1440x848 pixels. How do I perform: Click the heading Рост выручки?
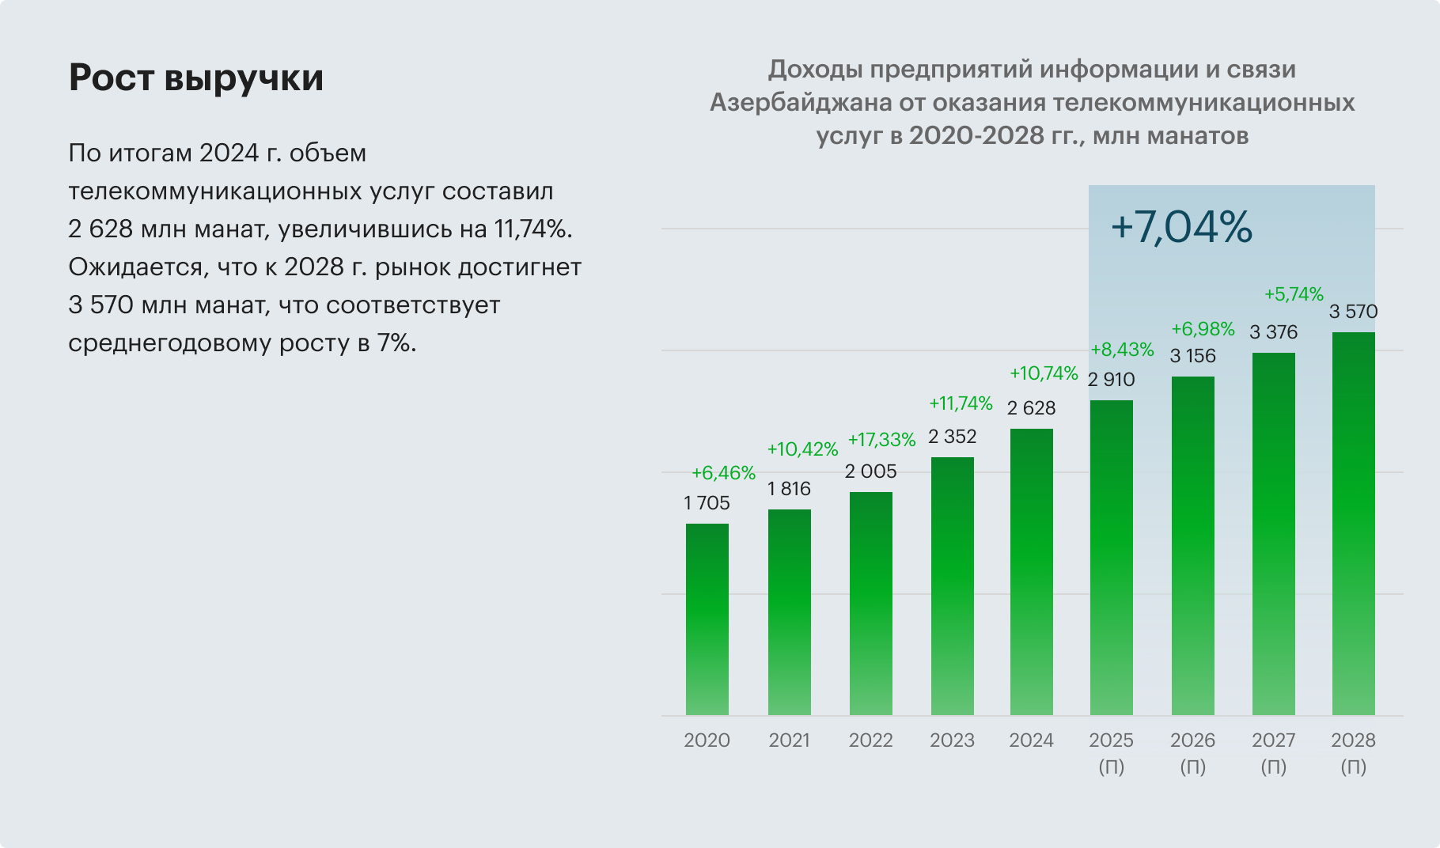click(x=195, y=78)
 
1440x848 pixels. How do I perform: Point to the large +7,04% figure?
click(x=1181, y=227)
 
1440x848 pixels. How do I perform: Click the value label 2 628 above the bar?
click(x=1031, y=408)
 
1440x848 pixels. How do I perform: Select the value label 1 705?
click(x=707, y=503)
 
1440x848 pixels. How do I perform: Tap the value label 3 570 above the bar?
click(x=1353, y=312)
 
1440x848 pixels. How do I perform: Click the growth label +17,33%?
click(x=881, y=440)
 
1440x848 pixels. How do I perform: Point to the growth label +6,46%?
click(x=723, y=473)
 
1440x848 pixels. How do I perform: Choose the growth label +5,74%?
click(x=1293, y=294)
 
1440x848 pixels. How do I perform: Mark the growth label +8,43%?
click(x=1122, y=350)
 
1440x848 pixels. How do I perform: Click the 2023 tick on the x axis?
click(x=952, y=740)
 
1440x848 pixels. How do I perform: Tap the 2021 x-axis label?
click(x=789, y=740)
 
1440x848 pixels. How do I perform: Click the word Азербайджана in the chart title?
click(x=799, y=103)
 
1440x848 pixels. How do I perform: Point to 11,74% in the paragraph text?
click(x=531, y=229)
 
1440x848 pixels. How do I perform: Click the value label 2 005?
click(x=870, y=471)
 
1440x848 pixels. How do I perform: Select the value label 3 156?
click(x=1192, y=356)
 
